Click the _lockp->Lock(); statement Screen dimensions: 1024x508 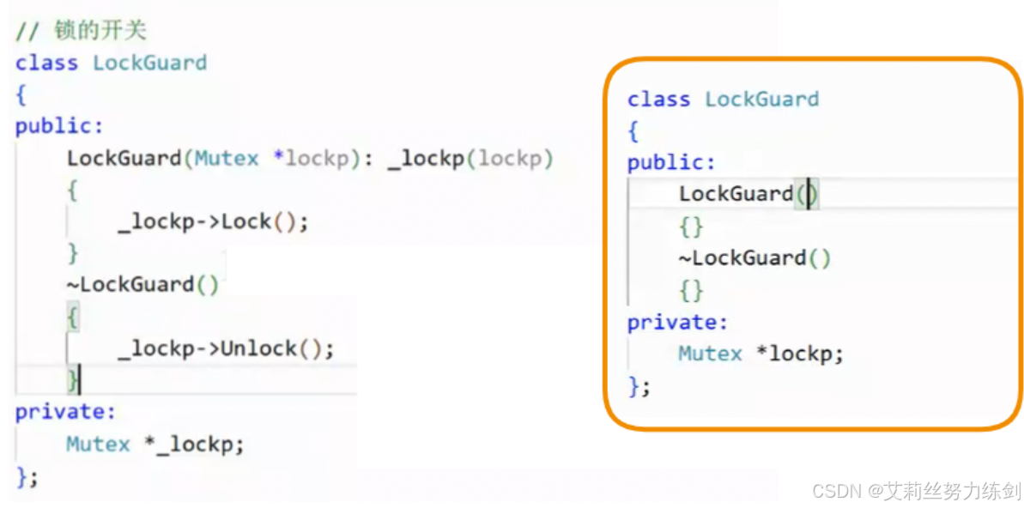pos(213,222)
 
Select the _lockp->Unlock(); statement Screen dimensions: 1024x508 pos(226,349)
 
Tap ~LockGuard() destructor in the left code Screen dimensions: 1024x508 pos(142,285)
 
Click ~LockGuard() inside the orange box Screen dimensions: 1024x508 pos(754,258)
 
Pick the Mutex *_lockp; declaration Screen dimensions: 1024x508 pos(155,444)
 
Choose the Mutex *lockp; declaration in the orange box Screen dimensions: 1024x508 pos(760,354)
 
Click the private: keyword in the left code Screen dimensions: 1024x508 pos(65,412)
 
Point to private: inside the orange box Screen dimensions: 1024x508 pos(677,323)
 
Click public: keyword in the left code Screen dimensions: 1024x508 pos(59,126)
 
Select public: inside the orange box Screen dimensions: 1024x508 pos(671,162)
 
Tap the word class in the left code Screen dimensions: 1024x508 pos(46,63)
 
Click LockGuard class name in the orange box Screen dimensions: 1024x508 pos(762,100)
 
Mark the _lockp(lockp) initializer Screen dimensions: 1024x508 pos(470,159)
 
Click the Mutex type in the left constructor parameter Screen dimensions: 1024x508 pos(227,159)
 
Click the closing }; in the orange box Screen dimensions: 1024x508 pos(639,387)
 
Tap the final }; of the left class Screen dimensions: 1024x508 pos(27,477)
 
